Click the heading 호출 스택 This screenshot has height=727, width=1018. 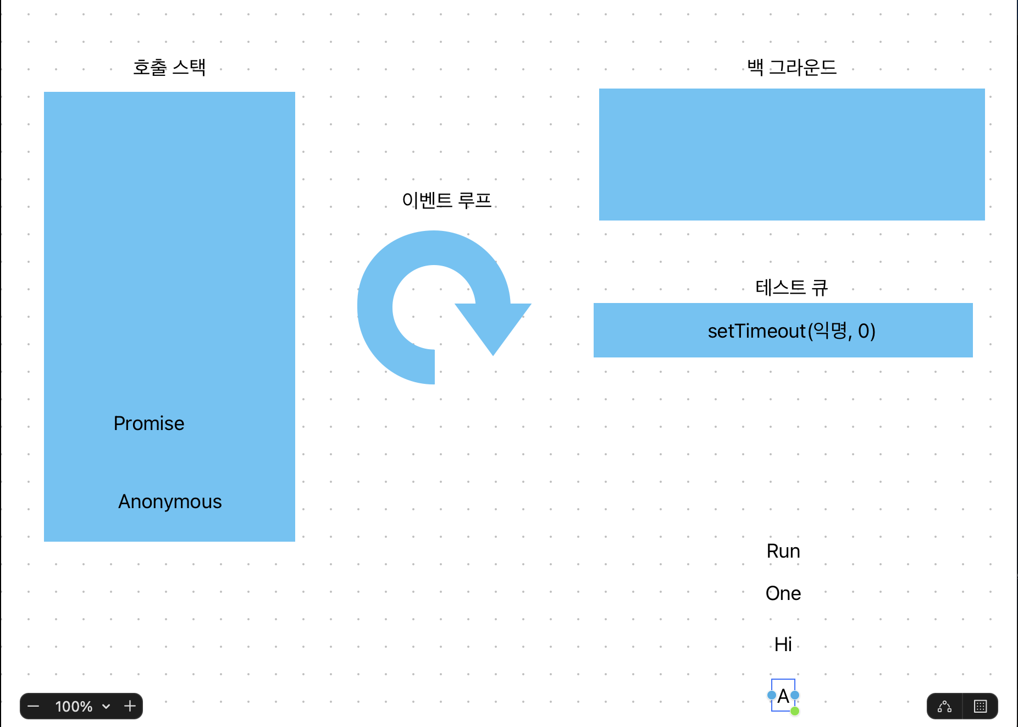tap(169, 68)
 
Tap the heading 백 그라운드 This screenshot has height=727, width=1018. tap(792, 68)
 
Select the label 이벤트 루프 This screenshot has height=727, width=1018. tap(446, 200)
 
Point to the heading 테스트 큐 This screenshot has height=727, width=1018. tap(792, 287)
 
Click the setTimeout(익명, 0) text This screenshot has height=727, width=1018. tap(792, 331)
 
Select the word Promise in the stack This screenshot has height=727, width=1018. tap(149, 423)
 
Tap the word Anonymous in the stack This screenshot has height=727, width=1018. tap(170, 502)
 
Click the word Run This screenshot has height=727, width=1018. tap(783, 551)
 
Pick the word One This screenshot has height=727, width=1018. tap(783, 593)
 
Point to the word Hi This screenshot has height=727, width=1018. tap(783, 644)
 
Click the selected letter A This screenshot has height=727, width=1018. tap(783, 696)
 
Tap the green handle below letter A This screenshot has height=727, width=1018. tap(795, 711)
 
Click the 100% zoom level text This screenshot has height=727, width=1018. tap(74, 707)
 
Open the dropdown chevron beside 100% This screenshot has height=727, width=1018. tap(106, 707)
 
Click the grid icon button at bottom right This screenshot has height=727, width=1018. tap(980, 706)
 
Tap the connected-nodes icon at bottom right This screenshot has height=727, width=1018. tap(944, 706)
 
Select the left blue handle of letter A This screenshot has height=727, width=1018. tap(772, 695)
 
